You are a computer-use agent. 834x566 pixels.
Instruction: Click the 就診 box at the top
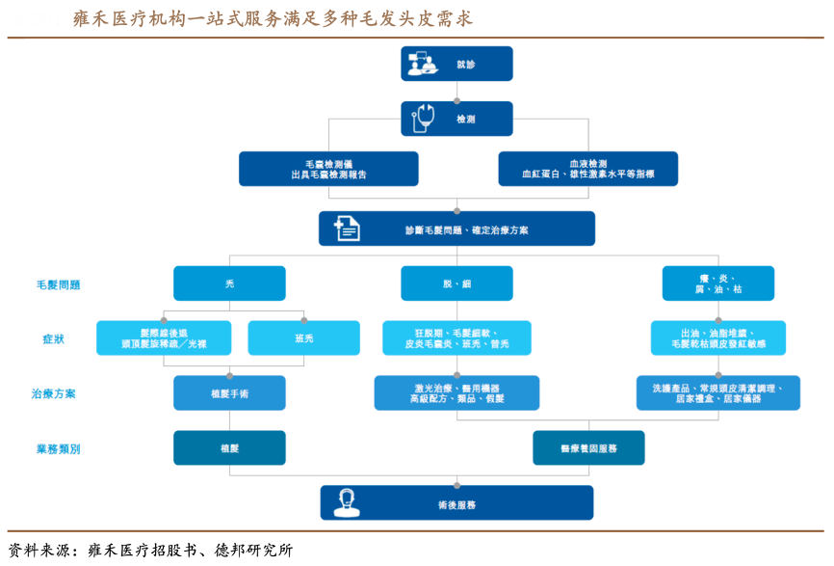tap(456, 64)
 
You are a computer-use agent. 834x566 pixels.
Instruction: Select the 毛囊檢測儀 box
tap(328, 169)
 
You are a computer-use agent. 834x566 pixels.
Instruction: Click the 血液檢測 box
tap(587, 169)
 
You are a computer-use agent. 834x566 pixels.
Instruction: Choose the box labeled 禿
tap(229, 283)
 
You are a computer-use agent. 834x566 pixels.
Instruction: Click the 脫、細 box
tap(456, 283)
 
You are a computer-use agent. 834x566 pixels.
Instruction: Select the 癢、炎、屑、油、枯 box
tap(717, 283)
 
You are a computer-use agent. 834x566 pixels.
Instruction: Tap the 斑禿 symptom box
tap(303, 338)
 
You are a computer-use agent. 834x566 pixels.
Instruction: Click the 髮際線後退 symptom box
tap(164, 338)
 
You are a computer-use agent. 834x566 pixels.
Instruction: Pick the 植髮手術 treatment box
tap(229, 393)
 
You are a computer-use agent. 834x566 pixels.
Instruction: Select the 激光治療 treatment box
tap(456, 393)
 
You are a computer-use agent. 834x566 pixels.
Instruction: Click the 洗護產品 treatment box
tap(717, 393)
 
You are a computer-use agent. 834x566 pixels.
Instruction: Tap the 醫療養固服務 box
tap(588, 448)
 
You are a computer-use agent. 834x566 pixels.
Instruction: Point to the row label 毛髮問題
tap(58, 284)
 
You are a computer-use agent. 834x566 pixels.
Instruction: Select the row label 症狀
tap(53, 339)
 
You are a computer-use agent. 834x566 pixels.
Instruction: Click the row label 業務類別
tap(58, 449)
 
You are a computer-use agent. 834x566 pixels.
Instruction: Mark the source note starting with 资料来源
tap(149, 551)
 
